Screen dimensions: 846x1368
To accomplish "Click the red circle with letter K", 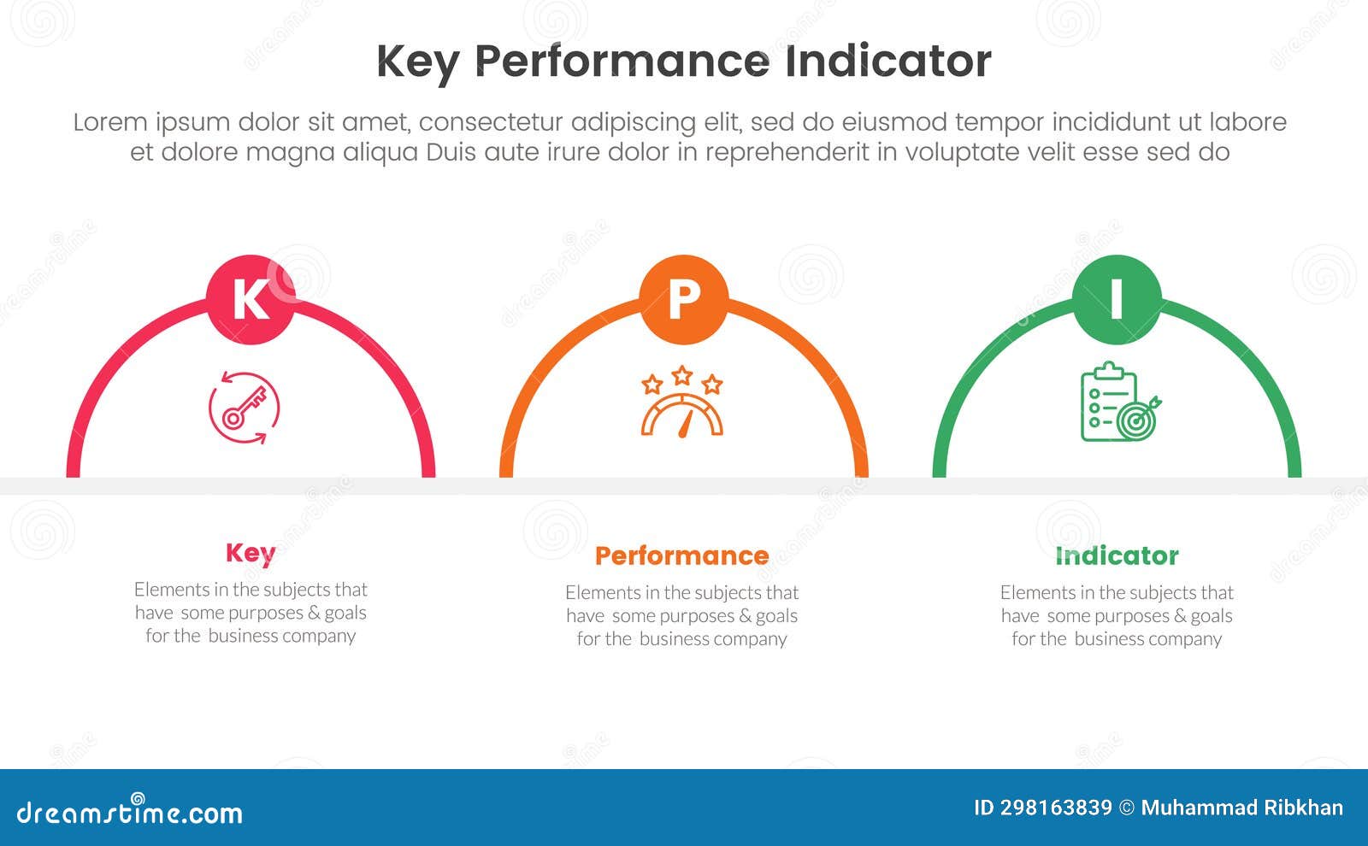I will pos(251,299).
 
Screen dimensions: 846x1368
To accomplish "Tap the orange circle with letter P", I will pos(683,299).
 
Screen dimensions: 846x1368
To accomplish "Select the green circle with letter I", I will pos(1117,299).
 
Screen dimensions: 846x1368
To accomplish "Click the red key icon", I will pos(245,408).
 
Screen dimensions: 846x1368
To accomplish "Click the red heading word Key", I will pos(251,553).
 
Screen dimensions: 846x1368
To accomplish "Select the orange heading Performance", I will pos(681,555).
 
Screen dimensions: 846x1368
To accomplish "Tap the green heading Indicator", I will pos(1117,555).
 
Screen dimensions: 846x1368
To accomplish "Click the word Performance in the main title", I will pos(622,62).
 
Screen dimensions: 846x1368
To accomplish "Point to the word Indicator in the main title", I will pos(887,62).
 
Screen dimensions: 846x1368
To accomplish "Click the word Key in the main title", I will pos(417,62).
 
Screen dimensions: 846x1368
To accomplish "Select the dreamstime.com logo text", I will pos(129,813).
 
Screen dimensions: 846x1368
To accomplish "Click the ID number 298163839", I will pos(1043,808).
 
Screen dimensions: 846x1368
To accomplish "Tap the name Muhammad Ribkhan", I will pos(1241,808).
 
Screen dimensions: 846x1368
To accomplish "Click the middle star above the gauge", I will pos(681,375).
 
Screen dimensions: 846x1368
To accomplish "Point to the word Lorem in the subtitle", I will pos(110,122).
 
